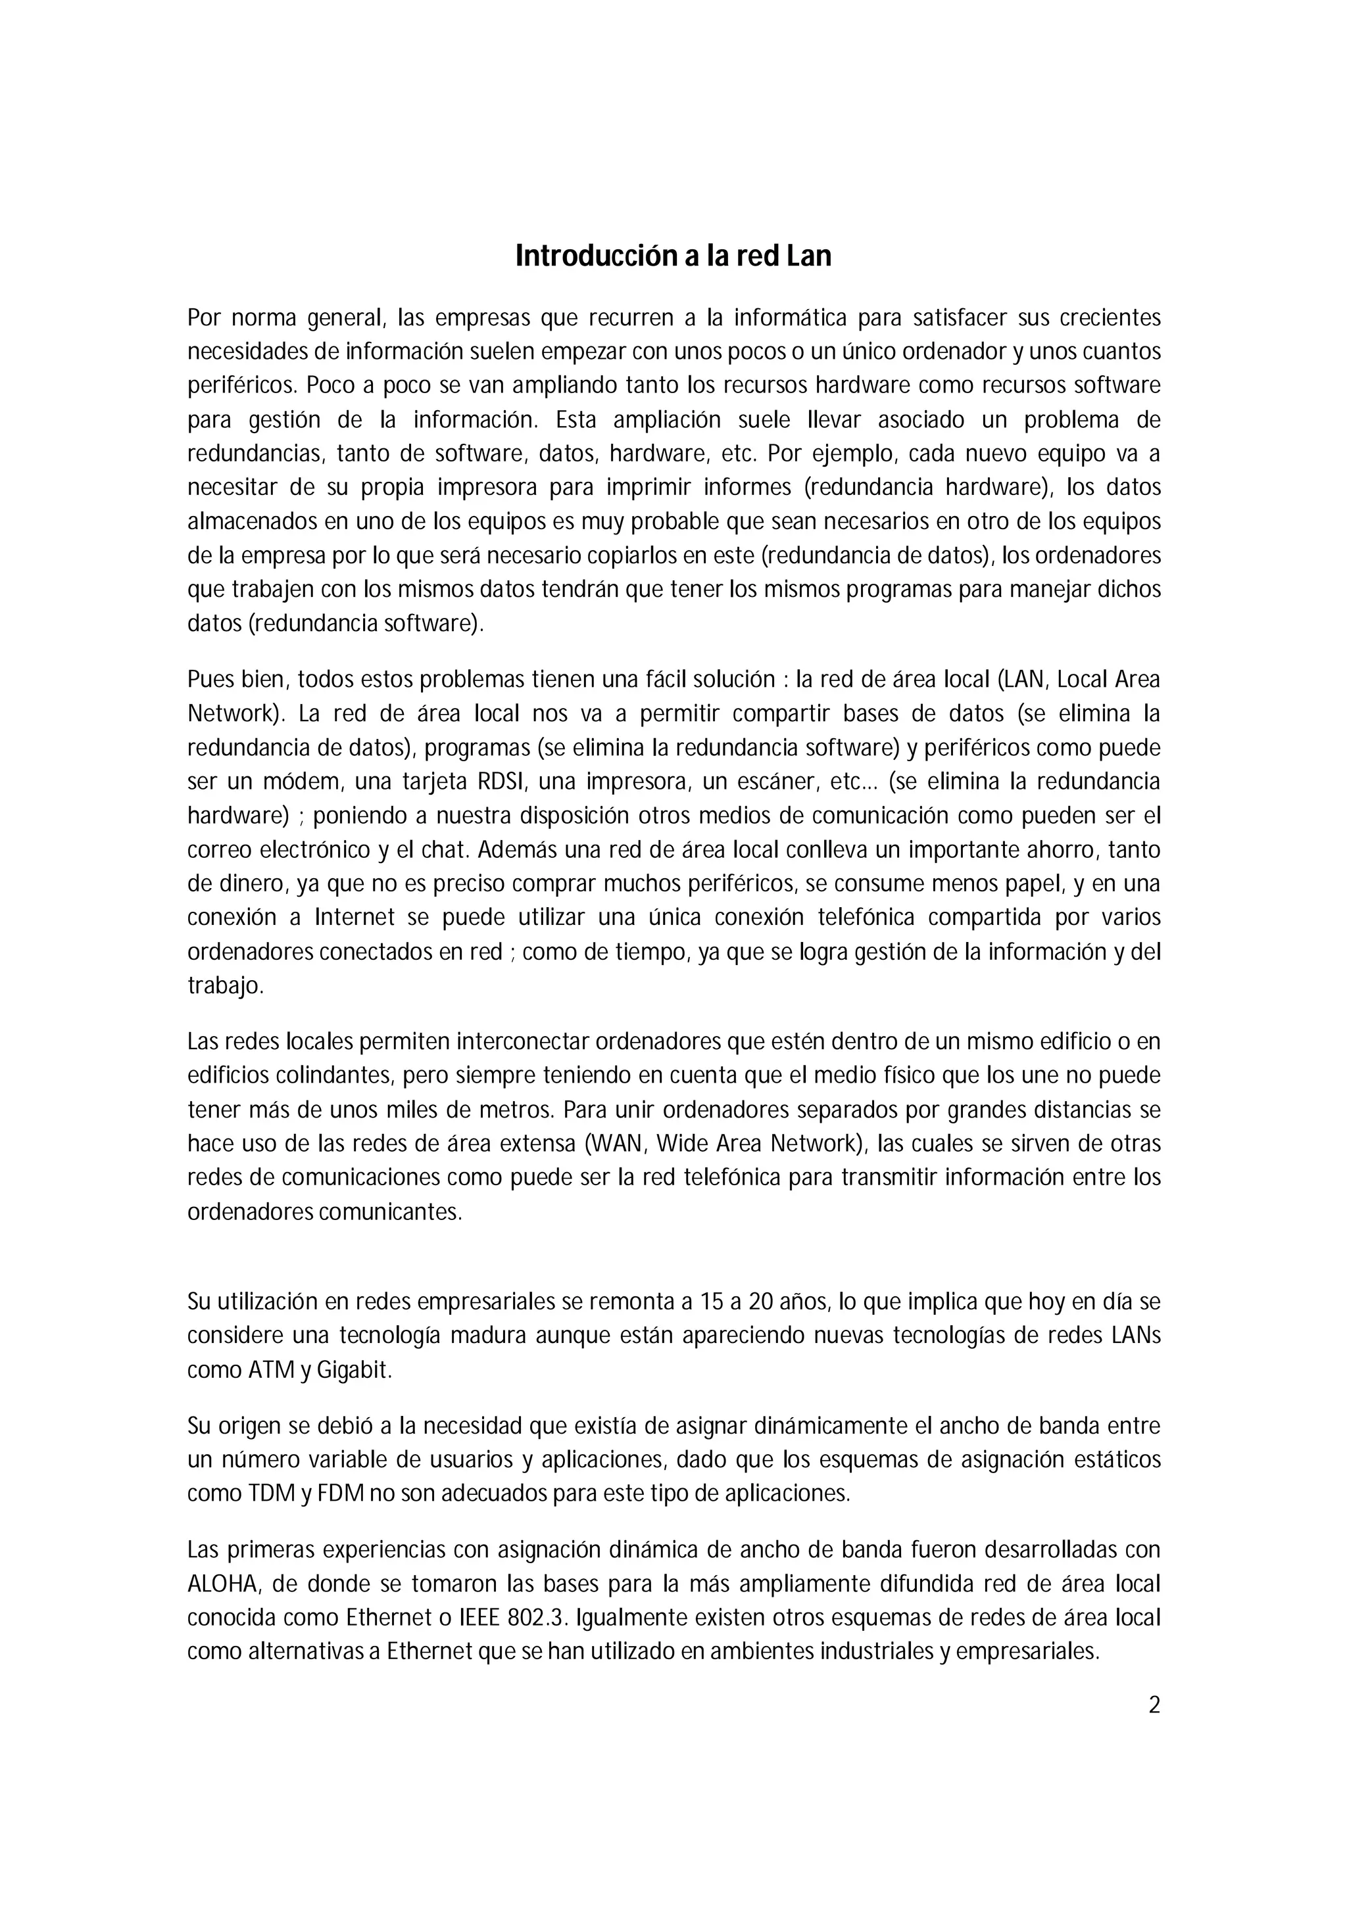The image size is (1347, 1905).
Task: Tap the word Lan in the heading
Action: pyautogui.click(x=808, y=256)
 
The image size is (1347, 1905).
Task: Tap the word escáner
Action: pyautogui.click(x=773, y=782)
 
